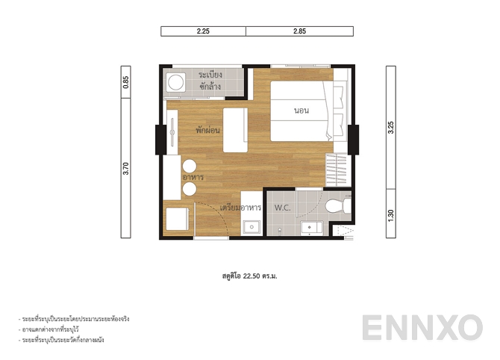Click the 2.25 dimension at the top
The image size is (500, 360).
(203, 31)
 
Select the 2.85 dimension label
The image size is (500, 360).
(299, 31)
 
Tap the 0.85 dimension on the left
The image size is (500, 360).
(126, 82)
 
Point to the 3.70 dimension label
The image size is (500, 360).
(126, 168)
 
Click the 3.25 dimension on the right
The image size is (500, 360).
(390, 127)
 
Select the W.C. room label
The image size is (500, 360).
(283, 207)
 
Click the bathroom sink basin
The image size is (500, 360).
(307, 227)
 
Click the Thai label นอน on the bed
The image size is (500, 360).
(301, 111)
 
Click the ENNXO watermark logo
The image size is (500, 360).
(422, 328)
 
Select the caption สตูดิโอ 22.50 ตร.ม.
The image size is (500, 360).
(250, 275)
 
